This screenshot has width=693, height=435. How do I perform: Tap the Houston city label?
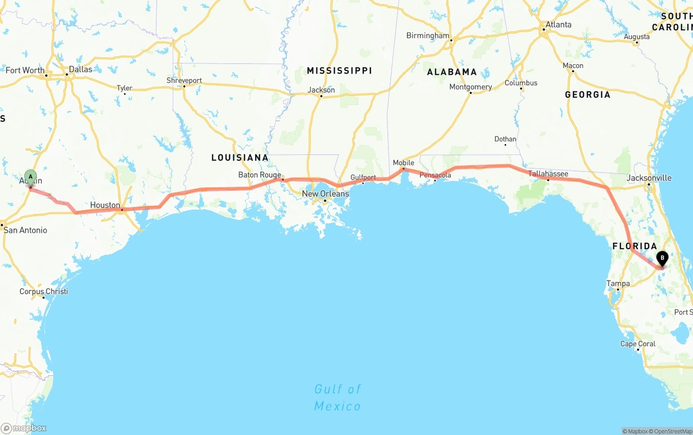tap(105, 205)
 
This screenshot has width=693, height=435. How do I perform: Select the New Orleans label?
tap(325, 194)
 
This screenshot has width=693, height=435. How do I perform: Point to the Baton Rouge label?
tap(260, 175)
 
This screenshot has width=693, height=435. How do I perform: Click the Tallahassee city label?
tap(548, 174)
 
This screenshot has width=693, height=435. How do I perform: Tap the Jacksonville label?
tap(649, 178)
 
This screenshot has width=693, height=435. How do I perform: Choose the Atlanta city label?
tap(558, 25)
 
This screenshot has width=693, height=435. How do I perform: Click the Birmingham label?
tap(428, 36)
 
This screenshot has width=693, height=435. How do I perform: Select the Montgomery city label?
tap(470, 87)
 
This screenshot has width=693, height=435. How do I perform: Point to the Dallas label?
tap(80, 69)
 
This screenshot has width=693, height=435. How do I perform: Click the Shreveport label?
tap(184, 81)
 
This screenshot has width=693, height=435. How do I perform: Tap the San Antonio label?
tap(25, 230)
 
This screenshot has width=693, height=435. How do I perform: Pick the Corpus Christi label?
tap(44, 291)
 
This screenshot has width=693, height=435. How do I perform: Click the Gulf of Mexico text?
tap(338, 397)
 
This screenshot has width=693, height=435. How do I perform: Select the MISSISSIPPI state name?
tap(339, 71)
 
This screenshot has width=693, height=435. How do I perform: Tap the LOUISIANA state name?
tap(240, 158)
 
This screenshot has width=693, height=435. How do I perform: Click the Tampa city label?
tap(618, 284)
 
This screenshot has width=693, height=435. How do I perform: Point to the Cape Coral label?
tap(638, 344)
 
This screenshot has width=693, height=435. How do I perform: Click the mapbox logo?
tap(24, 428)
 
